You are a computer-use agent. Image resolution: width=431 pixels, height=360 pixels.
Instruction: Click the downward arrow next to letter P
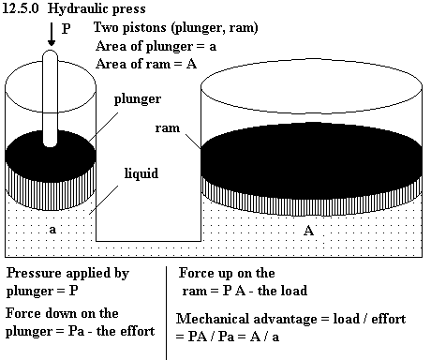coord(52,35)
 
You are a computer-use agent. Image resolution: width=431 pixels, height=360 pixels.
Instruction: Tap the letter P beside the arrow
coord(67,29)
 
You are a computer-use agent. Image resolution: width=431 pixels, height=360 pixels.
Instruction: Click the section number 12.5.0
coord(21,8)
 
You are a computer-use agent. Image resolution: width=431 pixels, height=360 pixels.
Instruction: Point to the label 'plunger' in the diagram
coord(138,99)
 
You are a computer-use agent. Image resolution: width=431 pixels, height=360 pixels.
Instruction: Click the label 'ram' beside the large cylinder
coord(168,128)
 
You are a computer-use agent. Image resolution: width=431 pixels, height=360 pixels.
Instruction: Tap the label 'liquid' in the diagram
coord(141,173)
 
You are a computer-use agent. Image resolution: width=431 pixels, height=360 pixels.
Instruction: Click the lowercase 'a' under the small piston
coord(52,230)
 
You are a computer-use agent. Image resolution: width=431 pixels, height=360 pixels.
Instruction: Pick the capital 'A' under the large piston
coord(308,231)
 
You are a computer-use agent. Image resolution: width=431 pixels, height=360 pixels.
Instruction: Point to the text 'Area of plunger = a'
coord(156,47)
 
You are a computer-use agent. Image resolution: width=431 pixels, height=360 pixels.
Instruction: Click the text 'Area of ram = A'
coord(146,64)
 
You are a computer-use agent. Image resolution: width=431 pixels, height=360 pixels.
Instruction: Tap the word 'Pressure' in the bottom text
coord(34,273)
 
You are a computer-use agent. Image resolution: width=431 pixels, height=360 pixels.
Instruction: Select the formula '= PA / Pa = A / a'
coord(228,337)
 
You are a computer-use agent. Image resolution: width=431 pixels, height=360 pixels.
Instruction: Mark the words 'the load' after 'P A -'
coord(282,291)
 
